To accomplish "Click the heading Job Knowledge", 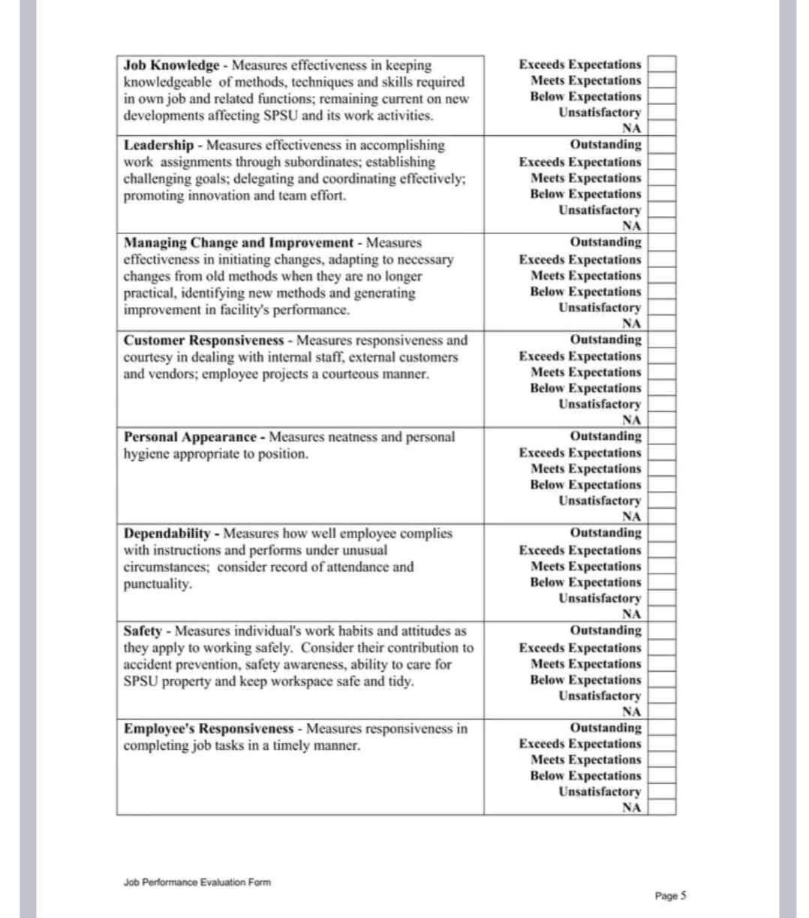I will point(171,65).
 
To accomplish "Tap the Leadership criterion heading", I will point(158,145).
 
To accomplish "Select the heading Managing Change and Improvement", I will point(238,242).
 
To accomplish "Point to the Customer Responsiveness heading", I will point(203,340).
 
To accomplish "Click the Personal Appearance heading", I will point(190,437).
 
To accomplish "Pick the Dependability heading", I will point(167,534).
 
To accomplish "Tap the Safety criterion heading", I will point(143,631).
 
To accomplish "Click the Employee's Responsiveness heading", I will point(208,729).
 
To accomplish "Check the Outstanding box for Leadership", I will point(662,145).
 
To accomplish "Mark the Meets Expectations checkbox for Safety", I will point(662,664).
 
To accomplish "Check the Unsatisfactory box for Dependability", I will point(662,599).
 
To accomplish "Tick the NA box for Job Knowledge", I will point(662,128).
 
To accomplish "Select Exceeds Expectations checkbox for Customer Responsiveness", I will point(662,357).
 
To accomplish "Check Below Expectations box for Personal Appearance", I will point(662,485).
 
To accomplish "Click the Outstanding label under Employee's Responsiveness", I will point(606,728).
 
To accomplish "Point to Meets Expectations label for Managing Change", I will point(585,275).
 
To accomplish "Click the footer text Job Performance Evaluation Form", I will point(197,883).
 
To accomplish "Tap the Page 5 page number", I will point(670,895).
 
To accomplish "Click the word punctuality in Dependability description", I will point(157,584).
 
